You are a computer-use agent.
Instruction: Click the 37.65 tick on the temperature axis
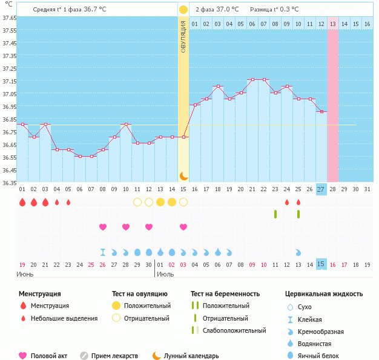pos(8,18)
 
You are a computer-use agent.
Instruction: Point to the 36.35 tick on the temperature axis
pos(8,183)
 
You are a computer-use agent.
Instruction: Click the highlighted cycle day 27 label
pos(321,189)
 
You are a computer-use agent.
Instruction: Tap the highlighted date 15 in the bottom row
pos(321,264)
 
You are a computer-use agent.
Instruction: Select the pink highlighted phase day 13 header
pos(333,24)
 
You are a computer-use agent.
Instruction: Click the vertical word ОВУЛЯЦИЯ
pos(183,36)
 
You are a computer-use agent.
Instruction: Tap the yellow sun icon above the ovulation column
pos(183,10)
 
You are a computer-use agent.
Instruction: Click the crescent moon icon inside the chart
pos(183,175)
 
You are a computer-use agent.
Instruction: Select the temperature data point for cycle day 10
pos(126,125)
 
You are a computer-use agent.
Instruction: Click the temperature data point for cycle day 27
pos(321,112)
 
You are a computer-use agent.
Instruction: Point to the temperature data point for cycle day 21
pos(252,79)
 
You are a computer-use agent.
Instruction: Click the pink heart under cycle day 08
pos(103,227)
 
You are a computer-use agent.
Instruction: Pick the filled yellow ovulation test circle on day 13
pos(160,202)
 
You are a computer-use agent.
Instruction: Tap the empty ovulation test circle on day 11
pos(137,202)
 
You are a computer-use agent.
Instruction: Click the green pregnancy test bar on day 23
pos(275,214)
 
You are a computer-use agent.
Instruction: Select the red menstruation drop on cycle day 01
pos(22,202)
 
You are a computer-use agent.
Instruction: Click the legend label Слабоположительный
pos(234,330)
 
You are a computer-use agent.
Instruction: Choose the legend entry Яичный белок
pos(318,356)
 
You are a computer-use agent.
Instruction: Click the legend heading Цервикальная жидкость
pos(324,294)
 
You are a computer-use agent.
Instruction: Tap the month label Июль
pos(165,274)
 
